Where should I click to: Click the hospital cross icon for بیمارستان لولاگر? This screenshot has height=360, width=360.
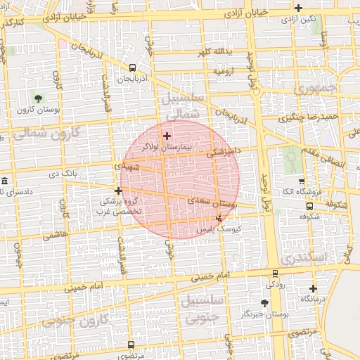pyautogui.click(x=167, y=135)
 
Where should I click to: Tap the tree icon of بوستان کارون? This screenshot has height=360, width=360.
pyautogui.click(x=38, y=98)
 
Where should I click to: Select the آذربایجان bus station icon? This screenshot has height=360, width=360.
pyautogui.click(x=132, y=68)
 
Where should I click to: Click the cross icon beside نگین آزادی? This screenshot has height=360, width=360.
pyautogui.click(x=299, y=8)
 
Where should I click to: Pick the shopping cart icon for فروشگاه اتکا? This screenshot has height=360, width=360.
pyautogui.click(x=302, y=181)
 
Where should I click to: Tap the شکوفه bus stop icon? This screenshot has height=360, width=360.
pyautogui.click(x=309, y=206)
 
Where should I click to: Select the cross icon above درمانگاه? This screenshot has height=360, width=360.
pyautogui.click(x=313, y=288)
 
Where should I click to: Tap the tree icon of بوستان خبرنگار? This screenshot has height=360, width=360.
pyautogui.click(x=264, y=303)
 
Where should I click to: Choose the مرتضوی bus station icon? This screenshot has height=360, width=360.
pyautogui.click(x=131, y=345)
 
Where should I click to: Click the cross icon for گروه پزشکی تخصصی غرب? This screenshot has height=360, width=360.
pyautogui.click(x=119, y=191)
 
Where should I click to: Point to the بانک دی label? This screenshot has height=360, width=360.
pyautogui.click(x=64, y=173)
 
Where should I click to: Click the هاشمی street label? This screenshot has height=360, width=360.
pyautogui.click(x=57, y=236)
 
